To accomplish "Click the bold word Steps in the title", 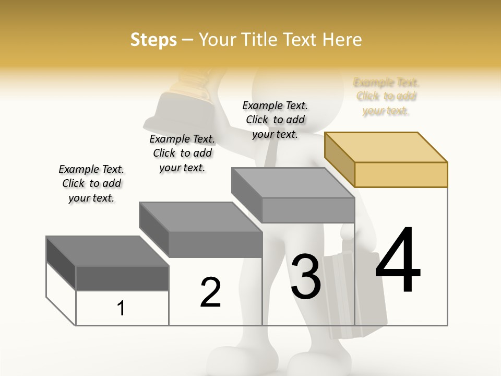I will pos(153,40).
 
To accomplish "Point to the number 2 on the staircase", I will pos(210,292).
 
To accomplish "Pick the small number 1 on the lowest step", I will pos(121,309).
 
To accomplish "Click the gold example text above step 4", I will pos(386,97).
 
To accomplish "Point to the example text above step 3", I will pos(275,120).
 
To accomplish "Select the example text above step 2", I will pos(182,153).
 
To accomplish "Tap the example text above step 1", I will pos(91,183).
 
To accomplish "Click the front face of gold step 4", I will pos(401,174).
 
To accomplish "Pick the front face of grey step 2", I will pos(216,244).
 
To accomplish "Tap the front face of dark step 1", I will pos(122,278).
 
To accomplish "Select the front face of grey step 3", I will pos(308,210).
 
